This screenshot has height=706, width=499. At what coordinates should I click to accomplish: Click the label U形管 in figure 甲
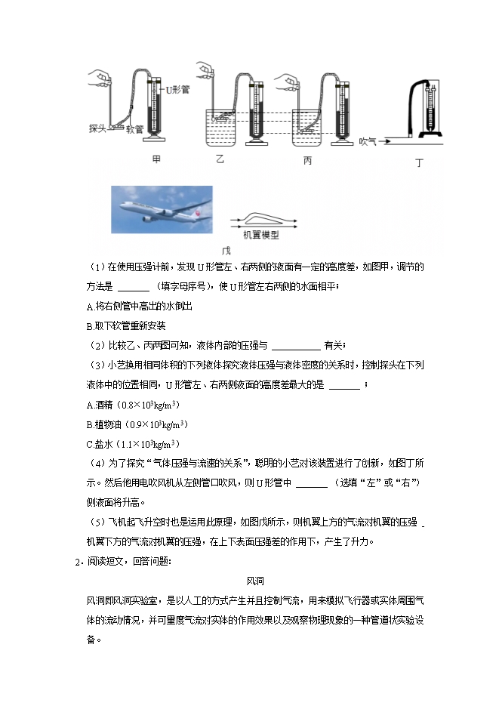point(178,89)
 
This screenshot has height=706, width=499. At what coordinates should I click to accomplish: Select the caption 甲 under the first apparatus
point(156,159)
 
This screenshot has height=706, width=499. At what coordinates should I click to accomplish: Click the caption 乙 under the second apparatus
point(220,159)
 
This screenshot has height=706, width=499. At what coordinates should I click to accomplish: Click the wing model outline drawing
point(261,218)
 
